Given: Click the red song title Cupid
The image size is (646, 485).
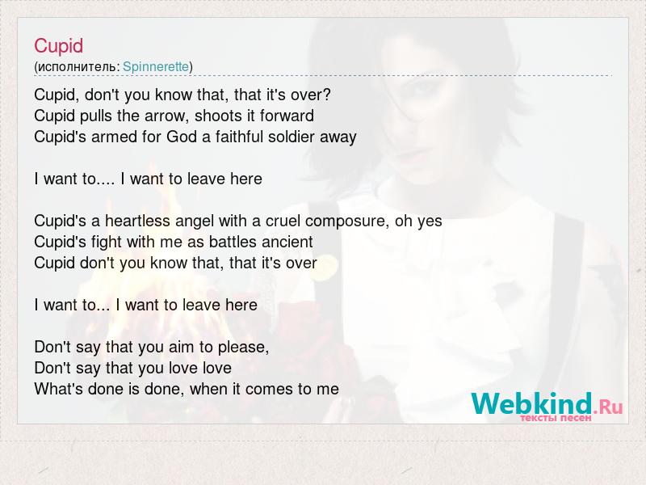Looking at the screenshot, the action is pyautogui.click(x=58, y=46).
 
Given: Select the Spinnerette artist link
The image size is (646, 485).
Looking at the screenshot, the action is pyautogui.click(x=156, y=66).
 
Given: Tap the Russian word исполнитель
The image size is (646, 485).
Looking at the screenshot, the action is pyautogui.click(x=77, y=67).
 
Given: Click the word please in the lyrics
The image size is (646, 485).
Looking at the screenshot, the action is pyautogui.click(x=243, y=348).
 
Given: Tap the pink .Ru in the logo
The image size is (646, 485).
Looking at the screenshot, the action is pyautogui.click(x=609, y=407).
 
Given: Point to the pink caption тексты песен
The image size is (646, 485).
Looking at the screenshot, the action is pyautogui.click(x=556, y=418).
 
